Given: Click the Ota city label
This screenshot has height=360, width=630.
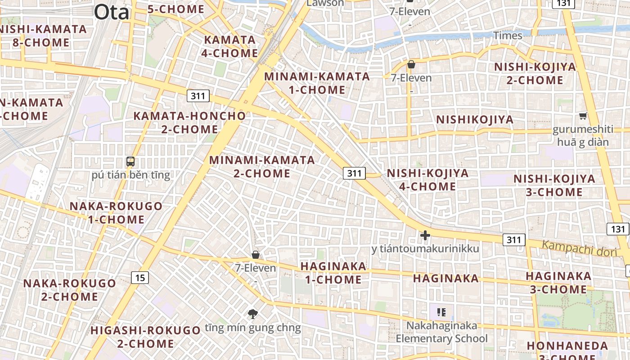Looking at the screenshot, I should click(x=112, y=13).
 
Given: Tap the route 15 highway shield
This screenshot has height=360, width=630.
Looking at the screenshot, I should click(x=140, y=278).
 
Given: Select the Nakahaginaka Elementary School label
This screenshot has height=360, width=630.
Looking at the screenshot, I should click(x=441, y=332).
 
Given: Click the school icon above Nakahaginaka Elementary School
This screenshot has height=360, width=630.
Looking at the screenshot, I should click(x=441, y=312).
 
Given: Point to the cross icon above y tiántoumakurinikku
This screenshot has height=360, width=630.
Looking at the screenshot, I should click(x=425, y=235).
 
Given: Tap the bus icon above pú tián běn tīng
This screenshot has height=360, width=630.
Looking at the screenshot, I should click(x=130, y=162).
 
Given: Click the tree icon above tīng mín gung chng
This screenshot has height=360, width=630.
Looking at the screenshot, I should click(x=253, y=314).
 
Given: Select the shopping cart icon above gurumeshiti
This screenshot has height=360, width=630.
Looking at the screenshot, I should click(x=583, y=116).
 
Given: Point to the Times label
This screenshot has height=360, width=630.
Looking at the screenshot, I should click(x=508, y=35).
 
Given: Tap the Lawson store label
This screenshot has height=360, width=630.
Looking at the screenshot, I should click(x=325, y=3).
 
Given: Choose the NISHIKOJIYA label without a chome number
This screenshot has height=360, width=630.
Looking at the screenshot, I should click(x=475, y=119).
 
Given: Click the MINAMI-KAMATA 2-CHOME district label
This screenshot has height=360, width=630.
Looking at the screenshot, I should click(x=262, y=166).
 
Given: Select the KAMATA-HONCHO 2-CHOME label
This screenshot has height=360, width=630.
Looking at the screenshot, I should click(x=189, y=122).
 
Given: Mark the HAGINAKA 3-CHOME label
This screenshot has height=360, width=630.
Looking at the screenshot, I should click(x=558, y=283).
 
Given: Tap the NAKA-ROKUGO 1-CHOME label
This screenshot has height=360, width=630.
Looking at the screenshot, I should click(x=116, y=213).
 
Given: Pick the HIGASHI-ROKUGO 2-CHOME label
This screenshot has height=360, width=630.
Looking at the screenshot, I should click(x=145, y=337).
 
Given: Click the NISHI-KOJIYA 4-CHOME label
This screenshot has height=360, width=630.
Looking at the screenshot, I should click(x=427, y=180).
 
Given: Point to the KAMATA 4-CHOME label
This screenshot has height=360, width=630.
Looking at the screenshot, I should click(x=230, y=46).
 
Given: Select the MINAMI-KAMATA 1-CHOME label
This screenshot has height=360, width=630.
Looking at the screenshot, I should click(x=317, y=83).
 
